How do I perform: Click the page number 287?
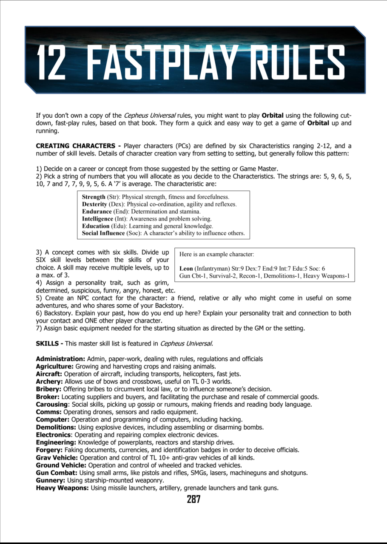pyautogui.click(x=193, y=499)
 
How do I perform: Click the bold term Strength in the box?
pyautogui.click(x=94, y=197)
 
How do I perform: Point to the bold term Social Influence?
pyautogui.click(x=104, y=233)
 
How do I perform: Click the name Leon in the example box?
pyautogui.click(x=186, y=269)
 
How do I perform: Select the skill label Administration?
pyautogui.click(x=60, y=359)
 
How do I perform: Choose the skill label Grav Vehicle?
pyautogui.click(x=57, y=458)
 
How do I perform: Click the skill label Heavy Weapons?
pyautogui.click(x=62, y=488)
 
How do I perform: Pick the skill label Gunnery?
pyautogui.click(x=50, y=480)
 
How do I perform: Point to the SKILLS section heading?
pyautogui.click(x=49, y=343)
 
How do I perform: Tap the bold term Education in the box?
pyautogui.click(x=97, y=226)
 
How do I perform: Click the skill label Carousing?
pyautogui.click(x=51, y=404)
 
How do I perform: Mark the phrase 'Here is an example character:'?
pyautogui.click(x=216, y=254)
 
